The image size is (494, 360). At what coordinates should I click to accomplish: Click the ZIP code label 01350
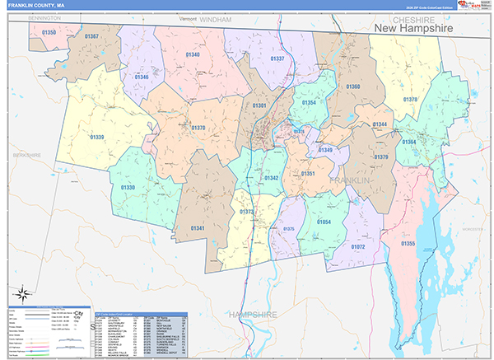pos(49,32)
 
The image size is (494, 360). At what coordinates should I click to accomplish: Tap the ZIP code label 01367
pos(91,37)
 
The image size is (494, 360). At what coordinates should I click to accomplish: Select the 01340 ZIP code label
pos(193,54)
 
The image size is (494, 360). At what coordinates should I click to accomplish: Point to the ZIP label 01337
pos(277,58)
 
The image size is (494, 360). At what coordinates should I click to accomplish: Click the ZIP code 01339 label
pos(98,137)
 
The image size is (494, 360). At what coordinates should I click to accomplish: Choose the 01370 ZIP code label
pos(198,128)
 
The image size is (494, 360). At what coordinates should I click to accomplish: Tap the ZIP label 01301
pos(259,106)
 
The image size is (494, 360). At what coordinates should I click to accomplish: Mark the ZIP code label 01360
pos(353,86)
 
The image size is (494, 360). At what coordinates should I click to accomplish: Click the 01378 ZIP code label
pos(410,100)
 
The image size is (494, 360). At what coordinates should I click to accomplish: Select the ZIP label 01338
pos(128,188)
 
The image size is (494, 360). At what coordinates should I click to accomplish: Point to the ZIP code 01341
pos(198,227)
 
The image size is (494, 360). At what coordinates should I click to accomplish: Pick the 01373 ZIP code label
pos(246,212)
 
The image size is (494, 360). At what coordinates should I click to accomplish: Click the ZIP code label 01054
pos(324,222)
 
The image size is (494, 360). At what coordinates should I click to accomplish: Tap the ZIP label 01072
pos(358,246)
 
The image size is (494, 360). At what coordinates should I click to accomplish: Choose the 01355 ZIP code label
pos(408,244)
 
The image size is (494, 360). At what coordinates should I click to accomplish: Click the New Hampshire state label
pos(413,29)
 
